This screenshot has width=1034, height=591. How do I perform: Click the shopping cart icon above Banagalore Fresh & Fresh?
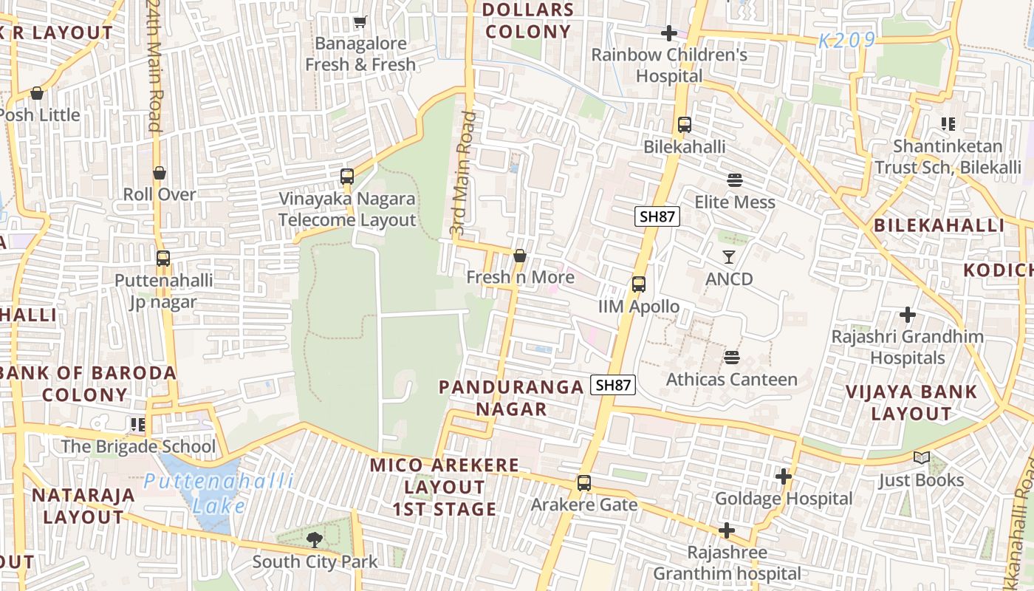360,22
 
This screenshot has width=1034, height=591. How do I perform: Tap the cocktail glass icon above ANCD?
729,257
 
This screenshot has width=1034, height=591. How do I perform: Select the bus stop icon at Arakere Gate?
584,483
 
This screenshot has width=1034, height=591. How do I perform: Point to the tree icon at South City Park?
315,540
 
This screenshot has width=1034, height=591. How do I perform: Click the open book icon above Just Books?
921,458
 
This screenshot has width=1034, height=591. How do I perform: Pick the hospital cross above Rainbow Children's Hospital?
669,33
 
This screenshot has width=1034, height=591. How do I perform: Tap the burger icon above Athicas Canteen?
732,358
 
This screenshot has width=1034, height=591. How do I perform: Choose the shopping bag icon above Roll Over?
160,173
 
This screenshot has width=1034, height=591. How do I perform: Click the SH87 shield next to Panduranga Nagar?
613,385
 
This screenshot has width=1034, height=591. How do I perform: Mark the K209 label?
846,41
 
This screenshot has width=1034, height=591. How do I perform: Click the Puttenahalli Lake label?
219,493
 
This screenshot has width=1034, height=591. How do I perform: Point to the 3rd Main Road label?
460,174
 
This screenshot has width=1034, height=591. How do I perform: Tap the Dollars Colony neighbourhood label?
528,21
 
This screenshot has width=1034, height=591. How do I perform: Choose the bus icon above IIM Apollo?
639,284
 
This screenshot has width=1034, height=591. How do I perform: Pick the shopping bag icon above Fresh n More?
520,256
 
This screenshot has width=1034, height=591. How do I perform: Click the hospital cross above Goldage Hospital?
784,477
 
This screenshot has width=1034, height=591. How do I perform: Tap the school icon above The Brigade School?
137,424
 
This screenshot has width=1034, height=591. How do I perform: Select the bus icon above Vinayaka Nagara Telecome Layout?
347,177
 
